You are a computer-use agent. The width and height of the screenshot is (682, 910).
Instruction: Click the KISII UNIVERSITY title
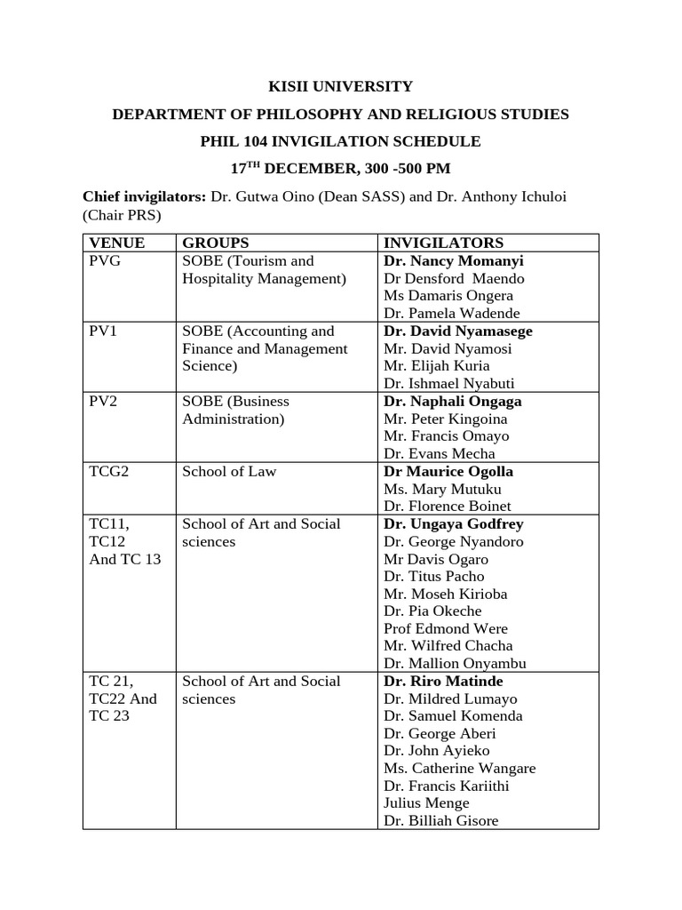coord(341,86)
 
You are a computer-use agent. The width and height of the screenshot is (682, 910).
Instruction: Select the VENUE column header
coord(116,243)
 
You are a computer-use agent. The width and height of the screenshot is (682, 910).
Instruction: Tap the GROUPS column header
coord(215,243)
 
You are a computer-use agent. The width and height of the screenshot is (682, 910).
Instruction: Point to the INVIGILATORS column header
coord(443,243)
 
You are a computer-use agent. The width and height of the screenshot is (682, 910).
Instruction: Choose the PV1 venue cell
coord(101,331)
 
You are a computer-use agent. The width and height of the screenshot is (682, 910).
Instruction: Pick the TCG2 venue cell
coord(109,471)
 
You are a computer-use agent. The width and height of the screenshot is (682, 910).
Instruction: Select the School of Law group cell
coord(229,471)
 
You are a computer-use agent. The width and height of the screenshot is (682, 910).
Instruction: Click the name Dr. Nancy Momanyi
coord(454,261)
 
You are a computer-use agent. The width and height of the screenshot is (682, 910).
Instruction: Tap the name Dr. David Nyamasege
coord(458,331)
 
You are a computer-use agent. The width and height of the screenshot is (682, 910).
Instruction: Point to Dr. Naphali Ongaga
coord(453,401)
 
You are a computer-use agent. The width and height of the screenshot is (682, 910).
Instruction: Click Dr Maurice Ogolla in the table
coord(448,471)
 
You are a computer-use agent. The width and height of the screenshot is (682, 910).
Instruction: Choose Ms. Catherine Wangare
coord(459,768)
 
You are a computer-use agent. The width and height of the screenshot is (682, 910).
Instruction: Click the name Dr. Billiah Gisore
coord(441,820)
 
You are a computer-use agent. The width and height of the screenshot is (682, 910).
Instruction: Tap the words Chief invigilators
coord(144,196)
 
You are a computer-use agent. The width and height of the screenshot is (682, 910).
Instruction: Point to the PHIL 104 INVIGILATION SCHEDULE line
coord(341,141)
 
